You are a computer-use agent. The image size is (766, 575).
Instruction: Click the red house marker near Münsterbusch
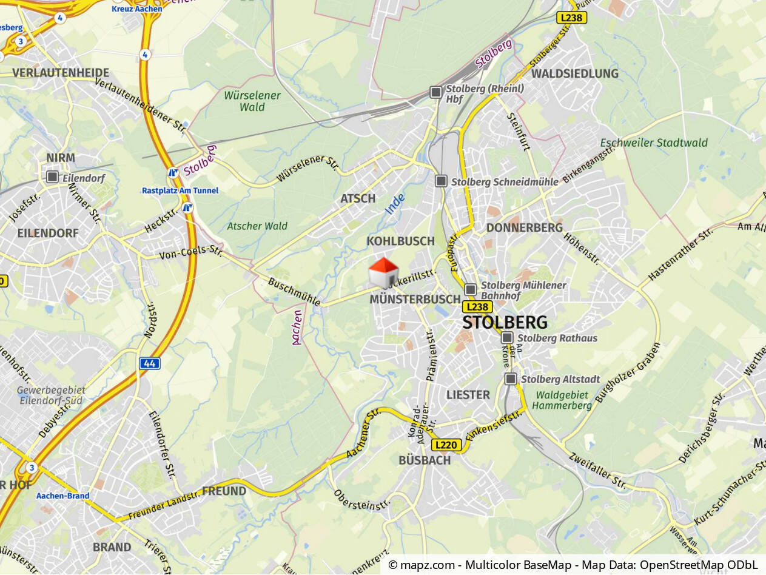[x=383, y=274]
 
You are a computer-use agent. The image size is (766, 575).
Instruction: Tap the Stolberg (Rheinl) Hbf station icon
[x=436, y=92]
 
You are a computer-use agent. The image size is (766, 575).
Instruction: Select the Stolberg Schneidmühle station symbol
[x=441, y=181]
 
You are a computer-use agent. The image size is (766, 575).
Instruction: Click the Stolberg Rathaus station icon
[x=507, y=338]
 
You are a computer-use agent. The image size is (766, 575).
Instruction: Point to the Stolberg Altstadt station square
[x=511, y=379]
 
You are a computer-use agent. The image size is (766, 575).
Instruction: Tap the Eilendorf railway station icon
[x=52, y=177]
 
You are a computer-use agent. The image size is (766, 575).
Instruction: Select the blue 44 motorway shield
[x=150, y=363]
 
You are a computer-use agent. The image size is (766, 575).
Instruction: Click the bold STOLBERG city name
[x=505, y=322]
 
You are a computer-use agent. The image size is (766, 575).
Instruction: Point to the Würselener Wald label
[x=252, y=101]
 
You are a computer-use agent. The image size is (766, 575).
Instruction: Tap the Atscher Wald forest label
[x=257, y=226]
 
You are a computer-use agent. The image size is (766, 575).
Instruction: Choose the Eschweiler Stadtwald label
[x=654, y=143]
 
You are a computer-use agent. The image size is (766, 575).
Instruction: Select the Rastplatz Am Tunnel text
[x=180, y=190]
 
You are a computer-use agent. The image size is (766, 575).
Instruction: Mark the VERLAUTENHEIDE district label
[x=61, y=73]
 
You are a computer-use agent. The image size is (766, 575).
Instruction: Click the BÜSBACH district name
[x=425, y=460]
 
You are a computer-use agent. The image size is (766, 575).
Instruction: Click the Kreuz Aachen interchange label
[x=136, y=8]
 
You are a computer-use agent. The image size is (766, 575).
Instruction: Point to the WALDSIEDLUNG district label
[x=575, y=73]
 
